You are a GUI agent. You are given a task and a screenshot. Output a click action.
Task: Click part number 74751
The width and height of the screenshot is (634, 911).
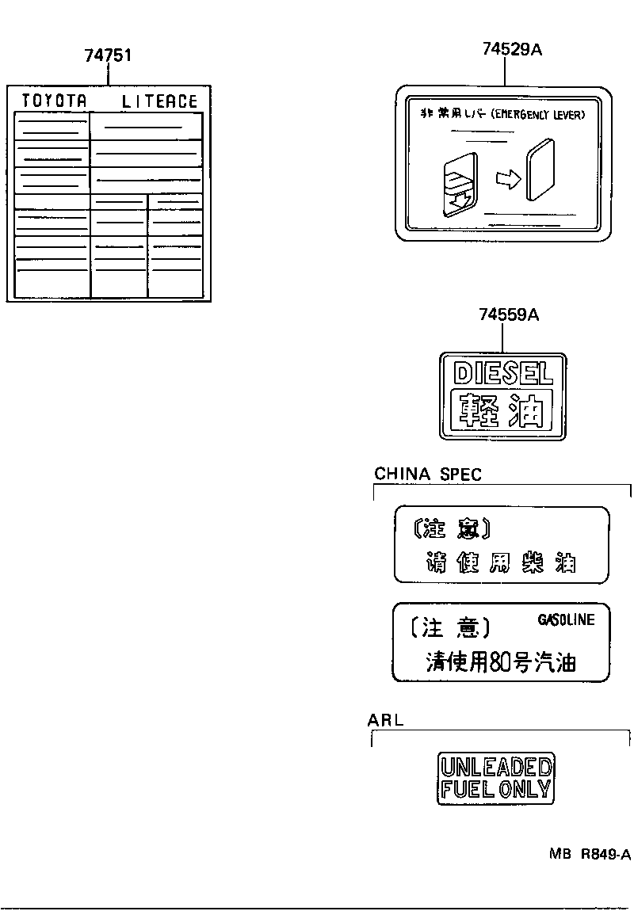(x=108, y=55)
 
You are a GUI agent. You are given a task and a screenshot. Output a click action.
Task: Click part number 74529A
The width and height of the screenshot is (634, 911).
(x=511, y=49)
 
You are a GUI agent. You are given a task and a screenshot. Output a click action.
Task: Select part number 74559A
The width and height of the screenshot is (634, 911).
(x=509, y=314)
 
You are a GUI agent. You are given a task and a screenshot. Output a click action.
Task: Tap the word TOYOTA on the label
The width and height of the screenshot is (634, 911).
(x=53, y=101)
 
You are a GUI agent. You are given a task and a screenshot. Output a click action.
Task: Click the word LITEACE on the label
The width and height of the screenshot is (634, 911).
(x=159, y=101)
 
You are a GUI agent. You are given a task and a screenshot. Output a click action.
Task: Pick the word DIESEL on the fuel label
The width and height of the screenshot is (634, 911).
(x=502, y=372)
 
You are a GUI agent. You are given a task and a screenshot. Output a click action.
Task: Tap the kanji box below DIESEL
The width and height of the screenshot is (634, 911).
(x=502, y=410)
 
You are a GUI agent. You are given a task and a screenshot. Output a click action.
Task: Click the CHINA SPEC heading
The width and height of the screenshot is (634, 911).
(x=427, y=475)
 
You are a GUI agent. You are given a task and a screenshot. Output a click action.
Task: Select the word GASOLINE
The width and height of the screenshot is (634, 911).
(x=566, y=619)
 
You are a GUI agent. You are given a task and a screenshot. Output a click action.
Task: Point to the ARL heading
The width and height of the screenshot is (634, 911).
(x=385, y=720)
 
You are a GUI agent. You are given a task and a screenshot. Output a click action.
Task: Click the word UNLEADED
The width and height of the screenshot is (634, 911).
(x=496, y=767)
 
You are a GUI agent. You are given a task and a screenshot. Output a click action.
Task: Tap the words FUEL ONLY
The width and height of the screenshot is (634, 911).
(x=496, y=788)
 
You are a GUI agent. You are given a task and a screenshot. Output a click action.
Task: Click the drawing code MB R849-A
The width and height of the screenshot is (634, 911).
(x=590, y=854)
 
